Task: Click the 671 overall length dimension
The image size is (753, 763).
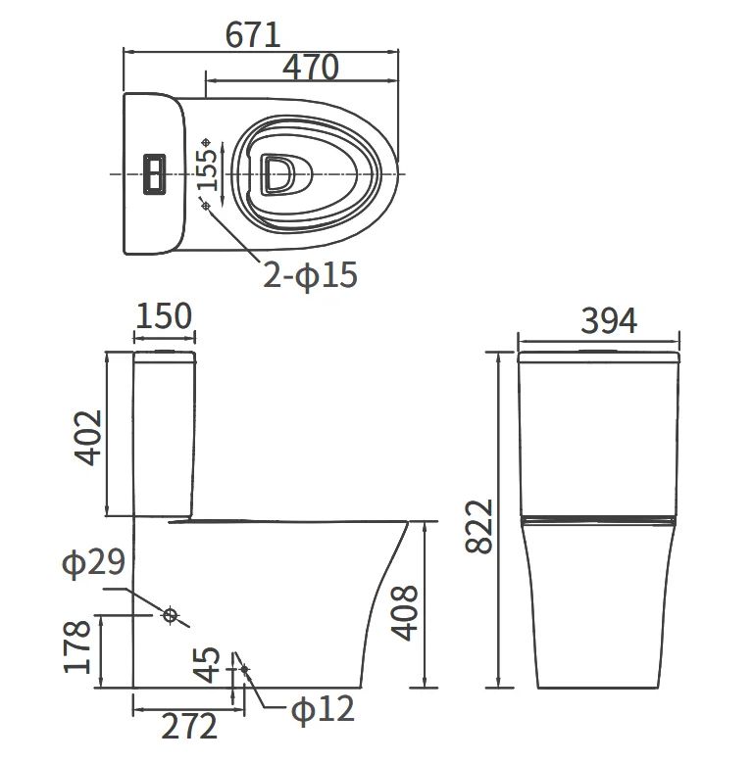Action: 253,35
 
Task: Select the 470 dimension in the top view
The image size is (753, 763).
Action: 310,68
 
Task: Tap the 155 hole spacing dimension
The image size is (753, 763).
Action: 207,168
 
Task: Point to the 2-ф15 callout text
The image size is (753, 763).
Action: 310,275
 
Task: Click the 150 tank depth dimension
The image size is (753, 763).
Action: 164,315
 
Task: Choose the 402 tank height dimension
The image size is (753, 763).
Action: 88,438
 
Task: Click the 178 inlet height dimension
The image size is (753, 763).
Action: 76,647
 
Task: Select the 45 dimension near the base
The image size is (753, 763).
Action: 207,665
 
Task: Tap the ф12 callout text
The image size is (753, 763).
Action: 323,709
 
